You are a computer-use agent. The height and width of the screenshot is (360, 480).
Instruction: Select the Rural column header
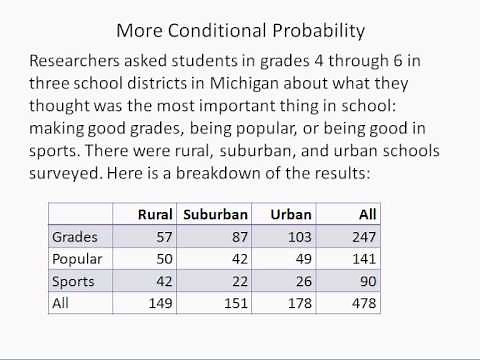point(156,213)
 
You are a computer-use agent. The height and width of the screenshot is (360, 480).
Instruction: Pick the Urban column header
point(293,213)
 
